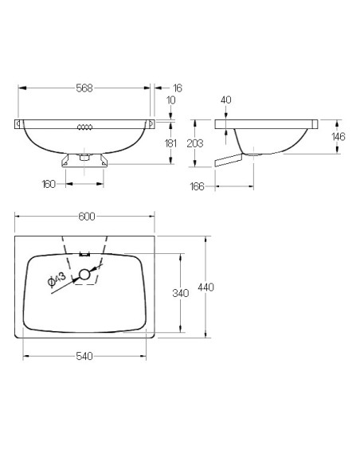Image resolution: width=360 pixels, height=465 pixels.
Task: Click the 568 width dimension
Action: [x=84, y=88]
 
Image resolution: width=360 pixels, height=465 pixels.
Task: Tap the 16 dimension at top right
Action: [x=177, y=88]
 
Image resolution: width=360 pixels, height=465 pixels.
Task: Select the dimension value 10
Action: [x=171, y=102]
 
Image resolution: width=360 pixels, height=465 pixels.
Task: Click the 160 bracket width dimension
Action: [x=49, y=184]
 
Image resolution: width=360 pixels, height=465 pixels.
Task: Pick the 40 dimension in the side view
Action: [x=226, y=101]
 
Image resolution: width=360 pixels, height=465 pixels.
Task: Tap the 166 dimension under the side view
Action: [x=198, y=186]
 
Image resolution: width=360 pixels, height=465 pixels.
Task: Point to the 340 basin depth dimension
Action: [x=180, y=294]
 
